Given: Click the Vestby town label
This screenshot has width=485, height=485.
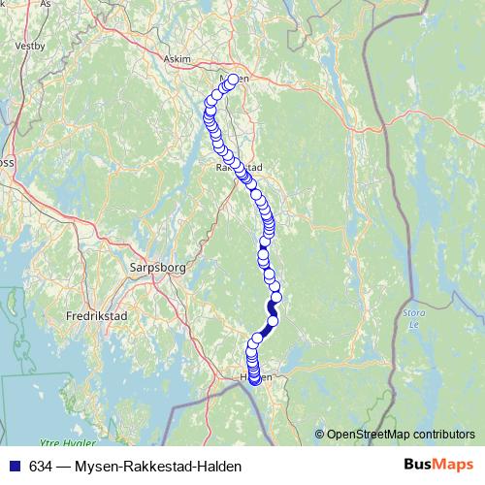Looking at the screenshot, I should pyautogui.click(x=29, y=45).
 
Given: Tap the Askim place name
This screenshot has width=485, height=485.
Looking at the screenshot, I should pyautogui.click(x=178, y=58).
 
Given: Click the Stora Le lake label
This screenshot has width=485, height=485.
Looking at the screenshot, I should pyautogui.click(x=412, y=319).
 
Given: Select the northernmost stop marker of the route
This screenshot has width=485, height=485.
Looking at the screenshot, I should pyautogui.click(x=233, y=80).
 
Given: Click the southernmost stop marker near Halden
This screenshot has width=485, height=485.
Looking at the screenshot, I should pyautogui.click(x=255, y=379).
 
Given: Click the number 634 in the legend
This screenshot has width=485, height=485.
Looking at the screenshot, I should pyautogui.click(x=41, y=467).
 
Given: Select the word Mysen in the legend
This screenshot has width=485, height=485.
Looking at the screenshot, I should pyautogui.click(x=95, y=467).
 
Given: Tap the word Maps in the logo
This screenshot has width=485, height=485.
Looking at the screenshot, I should pyautogui.click(x=434, y=467).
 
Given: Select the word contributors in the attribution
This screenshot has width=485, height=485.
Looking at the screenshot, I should pyautogui.click(x=444, y=435).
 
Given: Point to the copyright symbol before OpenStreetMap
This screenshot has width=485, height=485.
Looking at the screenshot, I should pyautogui.click(x=320, y=435).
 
